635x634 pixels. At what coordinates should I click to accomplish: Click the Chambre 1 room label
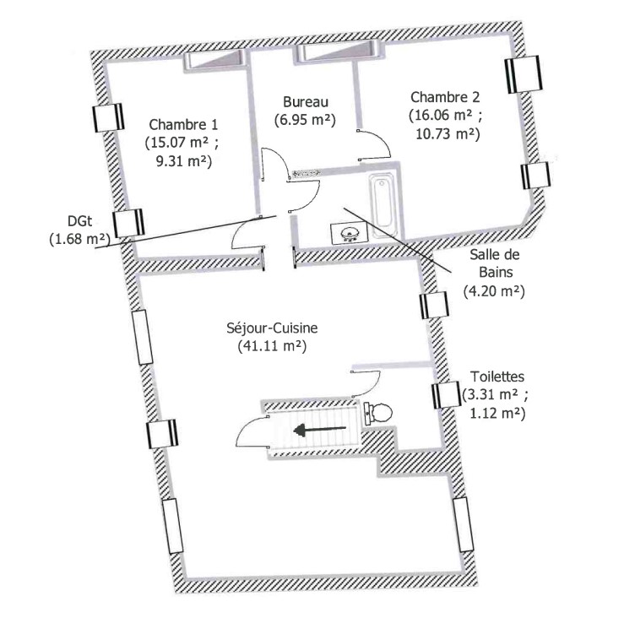pyautogui.click(x=183, y=124)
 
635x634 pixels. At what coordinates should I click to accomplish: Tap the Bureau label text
pyautogui.click(x=306, y=102)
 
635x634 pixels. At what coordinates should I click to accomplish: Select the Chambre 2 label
pyautogui.click(x=445, y=97)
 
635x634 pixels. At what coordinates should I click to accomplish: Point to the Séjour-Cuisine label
pyautogui.click(x=272, y=328)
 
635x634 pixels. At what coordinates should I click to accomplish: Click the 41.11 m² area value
pyautogui.click(x=272, y=346)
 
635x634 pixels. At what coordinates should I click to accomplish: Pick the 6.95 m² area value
pyautogui.click(x=306, y=120)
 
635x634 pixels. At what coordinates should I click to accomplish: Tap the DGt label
pyautogui.click(x=79, y=221)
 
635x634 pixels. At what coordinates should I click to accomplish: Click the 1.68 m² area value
pyautogui.click(x=79, y=239)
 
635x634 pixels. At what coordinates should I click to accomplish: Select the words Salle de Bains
pyautogui.click(x=495, y=263)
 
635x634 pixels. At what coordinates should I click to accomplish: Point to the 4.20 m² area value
pyautogui.click(x=494, y=291)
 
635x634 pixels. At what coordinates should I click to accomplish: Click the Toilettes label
pyautogui.click(x=497, y=377)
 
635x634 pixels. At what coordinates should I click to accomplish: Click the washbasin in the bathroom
pyautogui.click(x=350, y=234)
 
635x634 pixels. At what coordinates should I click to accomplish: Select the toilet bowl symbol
pyautogui.click(x=378, y=414)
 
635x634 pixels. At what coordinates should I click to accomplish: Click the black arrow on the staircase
pyautogui.click(x=320, y=430)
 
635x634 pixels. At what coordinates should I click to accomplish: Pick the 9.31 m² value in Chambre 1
pyautogui.click(x=184, y=161)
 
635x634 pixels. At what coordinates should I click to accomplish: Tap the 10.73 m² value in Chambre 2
pyautogui.click(x=448, y=134)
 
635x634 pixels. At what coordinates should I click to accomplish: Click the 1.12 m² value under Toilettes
pyautogui.click(x=497, y=414)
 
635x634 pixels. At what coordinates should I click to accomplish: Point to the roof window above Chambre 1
pyautogui.click(x=215, y=61)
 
